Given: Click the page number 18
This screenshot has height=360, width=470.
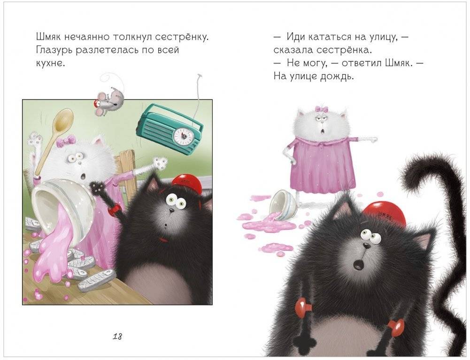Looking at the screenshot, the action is click(x=117, y=337).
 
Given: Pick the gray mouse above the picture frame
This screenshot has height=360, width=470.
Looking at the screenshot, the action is click(x=108, y=101).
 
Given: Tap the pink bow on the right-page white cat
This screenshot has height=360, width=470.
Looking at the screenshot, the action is click(x=319, y=109).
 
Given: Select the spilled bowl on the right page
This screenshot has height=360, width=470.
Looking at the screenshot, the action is click(x=282, y=206).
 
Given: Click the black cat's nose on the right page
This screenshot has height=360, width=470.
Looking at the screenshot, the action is click(x=366, y=246).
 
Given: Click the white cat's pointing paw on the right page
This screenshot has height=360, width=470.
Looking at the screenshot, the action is click(x=372, y=139).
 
